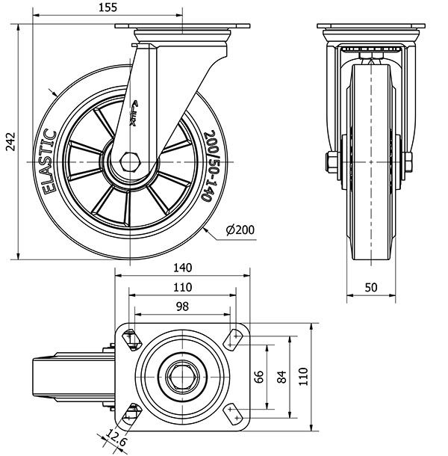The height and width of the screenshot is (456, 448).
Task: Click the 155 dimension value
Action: point(128,7)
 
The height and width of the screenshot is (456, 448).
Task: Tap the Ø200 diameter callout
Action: point(239,229)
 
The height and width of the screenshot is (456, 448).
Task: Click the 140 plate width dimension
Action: point(182,268)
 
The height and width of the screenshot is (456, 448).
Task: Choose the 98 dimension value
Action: point(182,307)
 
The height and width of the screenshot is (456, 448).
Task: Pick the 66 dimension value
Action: point(259,375)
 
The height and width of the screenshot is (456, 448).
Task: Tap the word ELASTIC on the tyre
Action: point(50,162)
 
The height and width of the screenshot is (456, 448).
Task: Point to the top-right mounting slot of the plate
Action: point(237,339)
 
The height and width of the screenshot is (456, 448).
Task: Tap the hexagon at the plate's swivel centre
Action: point(182,375)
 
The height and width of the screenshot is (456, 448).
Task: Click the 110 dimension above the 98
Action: point(182,287)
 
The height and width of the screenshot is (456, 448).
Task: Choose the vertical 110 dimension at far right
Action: point(302,375)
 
